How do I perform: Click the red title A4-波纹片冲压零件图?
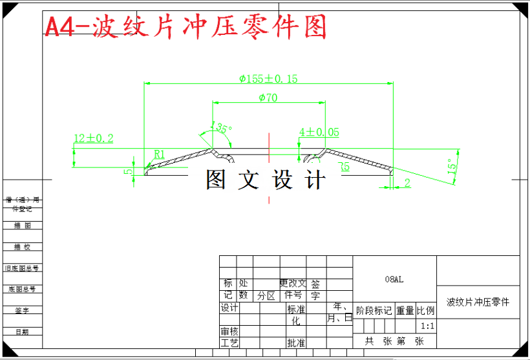pos(185,27)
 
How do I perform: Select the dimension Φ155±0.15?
pos(268,79)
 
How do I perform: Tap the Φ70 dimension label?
pos(268,98)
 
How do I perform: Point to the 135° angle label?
pos(222,128)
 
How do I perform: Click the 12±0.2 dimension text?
pos(94,138)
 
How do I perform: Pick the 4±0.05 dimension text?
pos(319,132)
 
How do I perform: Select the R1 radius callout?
pos(160,154)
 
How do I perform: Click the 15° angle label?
pos(452,167)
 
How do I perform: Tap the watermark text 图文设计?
pos(266,180)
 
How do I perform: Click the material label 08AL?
pos(394,279)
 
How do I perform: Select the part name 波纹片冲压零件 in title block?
pos(478,302)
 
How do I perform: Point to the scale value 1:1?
pos(427,326)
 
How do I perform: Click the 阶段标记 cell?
pos(374,311)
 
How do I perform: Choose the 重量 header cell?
pos(405,311)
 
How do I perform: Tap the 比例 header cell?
pos(426,311)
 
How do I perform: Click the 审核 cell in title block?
pos(229,331)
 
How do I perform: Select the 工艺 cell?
pos(229,343)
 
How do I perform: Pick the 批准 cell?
pos(296,343)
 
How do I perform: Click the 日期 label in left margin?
pos(21,332)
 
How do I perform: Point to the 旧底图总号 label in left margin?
pos(21,268)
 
